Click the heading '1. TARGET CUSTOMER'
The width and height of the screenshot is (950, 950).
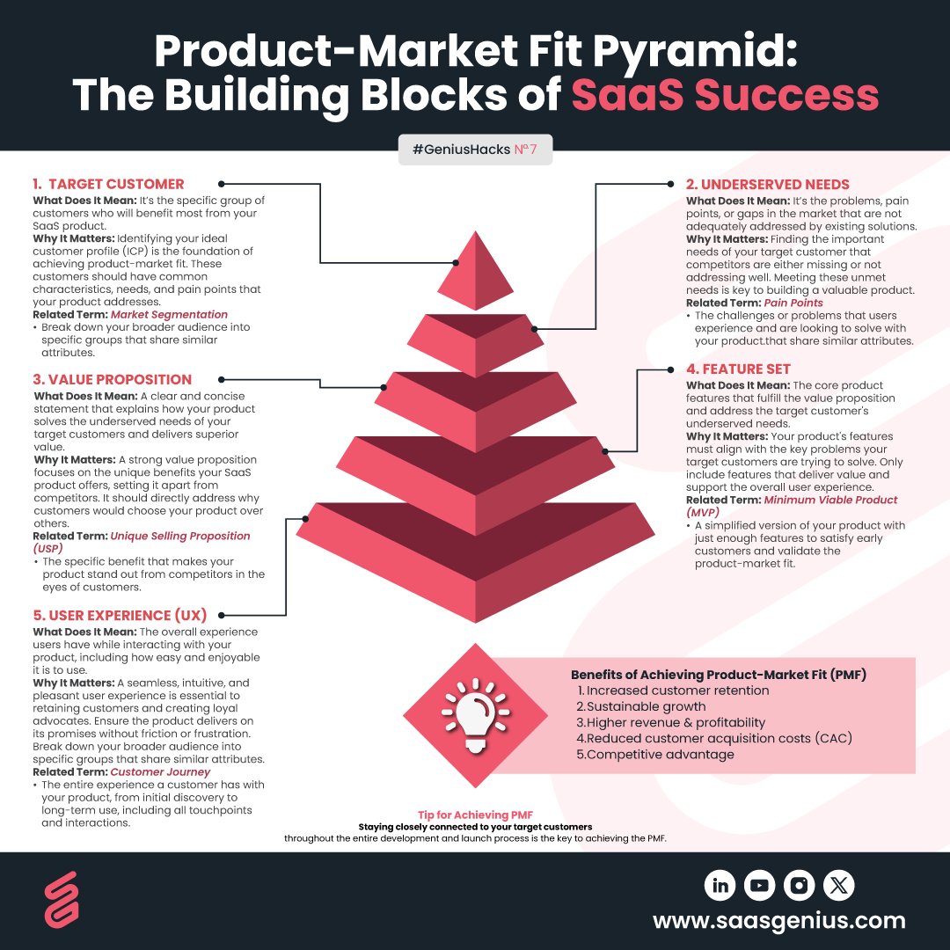[108, 184]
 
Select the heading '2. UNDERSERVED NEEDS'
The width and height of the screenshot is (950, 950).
[768, 184]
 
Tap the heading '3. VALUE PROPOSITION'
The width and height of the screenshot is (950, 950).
[113, 379]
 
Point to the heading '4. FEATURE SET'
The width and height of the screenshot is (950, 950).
[739, 369]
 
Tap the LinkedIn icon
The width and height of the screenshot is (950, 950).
[720, 885]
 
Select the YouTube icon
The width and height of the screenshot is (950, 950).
[759, 885]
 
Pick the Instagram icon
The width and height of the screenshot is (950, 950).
[799, 885]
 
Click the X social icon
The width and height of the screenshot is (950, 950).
[838, 885]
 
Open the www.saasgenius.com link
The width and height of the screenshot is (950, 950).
[779, 921]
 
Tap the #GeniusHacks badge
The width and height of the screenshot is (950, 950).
[475, 150]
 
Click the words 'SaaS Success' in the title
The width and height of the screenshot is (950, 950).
[726, 95]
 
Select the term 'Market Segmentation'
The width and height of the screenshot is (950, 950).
[169, 314]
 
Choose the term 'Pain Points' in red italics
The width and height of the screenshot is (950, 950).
[793, 303]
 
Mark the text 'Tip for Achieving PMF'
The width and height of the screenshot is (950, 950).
[475, 815]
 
